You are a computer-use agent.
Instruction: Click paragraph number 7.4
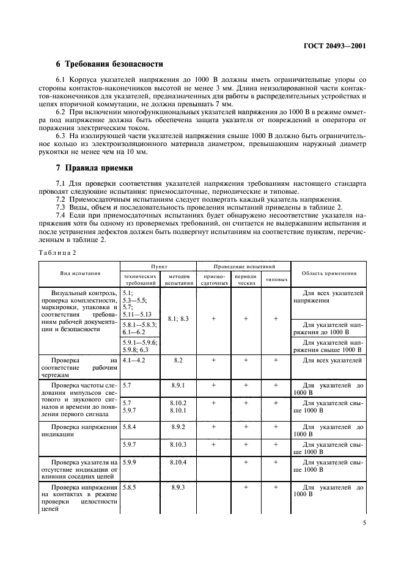point(62,215)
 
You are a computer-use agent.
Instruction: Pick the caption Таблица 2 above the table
point(58,252)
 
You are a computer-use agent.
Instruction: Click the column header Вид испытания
point(79,274)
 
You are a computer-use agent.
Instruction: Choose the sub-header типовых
point(276,280)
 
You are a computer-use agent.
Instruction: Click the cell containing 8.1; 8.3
point(178,319)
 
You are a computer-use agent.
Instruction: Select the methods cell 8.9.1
point(178,386)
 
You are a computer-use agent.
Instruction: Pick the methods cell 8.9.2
point(178,427)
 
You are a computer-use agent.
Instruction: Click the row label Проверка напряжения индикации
point(79,430)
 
